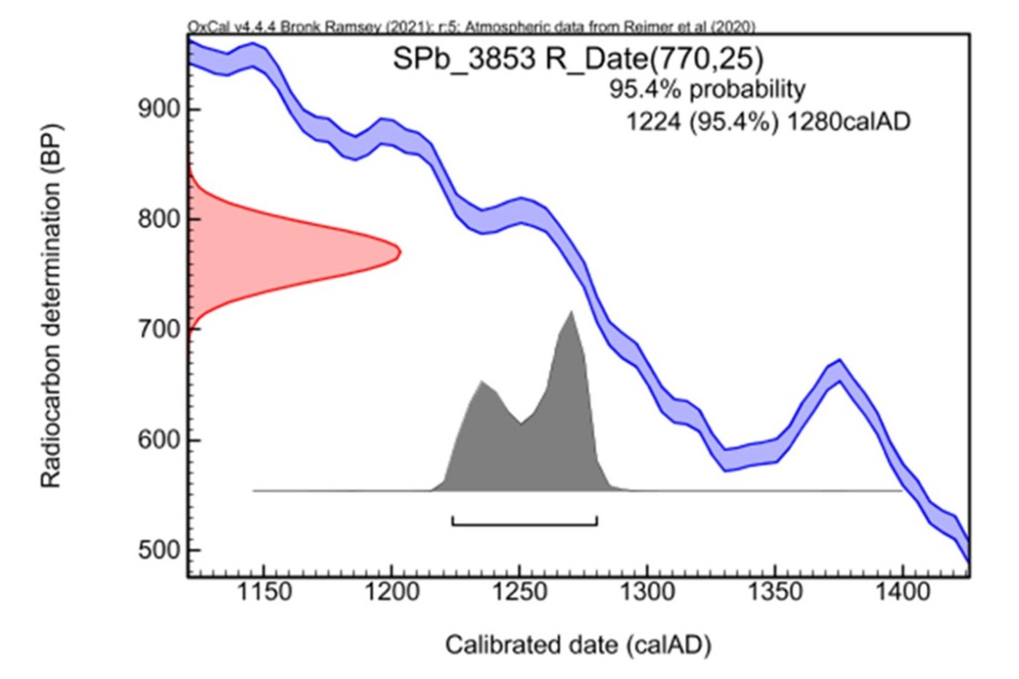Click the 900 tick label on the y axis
pyautogui.click(x=157, y=109)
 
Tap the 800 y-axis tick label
pyautogui.click(x=157, y=220)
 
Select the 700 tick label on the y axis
pyautogui.click(x=157, y=329)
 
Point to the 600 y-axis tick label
pyautogui.click(x=157, y=440)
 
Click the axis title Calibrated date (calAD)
pyautogui.click(x=578, y=646)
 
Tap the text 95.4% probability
pyautogui.click(x=707, y=90)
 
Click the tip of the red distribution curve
pyautogui.click(x=400, y=252)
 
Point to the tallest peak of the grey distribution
pyautogui.click(x=571, y=312)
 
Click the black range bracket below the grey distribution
pyautogui.click(x=524, y=524)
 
